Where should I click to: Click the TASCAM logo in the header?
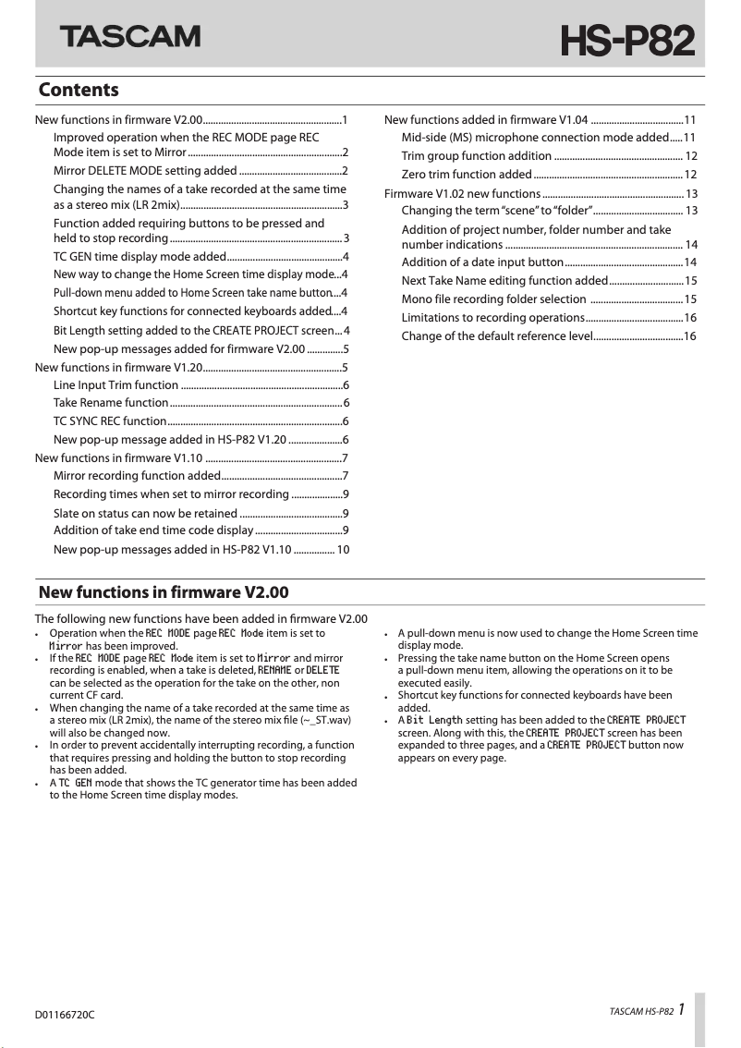(x=130, y=36)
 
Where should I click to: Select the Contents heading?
(x=79, y=90)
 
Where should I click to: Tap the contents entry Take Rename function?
(x=111, y=403)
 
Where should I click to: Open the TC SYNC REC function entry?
(x=110, y=421)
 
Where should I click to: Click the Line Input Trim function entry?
(x=115, y=384)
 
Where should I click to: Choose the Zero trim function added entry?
(x=466, y=175)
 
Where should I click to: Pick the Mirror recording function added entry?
(x=136, y=476)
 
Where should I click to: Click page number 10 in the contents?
(x=343, y=550)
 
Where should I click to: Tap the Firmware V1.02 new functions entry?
(x=462, y=193)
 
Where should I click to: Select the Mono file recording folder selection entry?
(x=493, y=299)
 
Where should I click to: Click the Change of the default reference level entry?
(x=496, y=336)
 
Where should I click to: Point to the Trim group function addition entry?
(x=476, y=156)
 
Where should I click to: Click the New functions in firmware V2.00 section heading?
(x=164, y=592)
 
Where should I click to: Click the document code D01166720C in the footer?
(x=65, y=1015)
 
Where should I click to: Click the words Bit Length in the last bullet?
(x=434, y=720)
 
